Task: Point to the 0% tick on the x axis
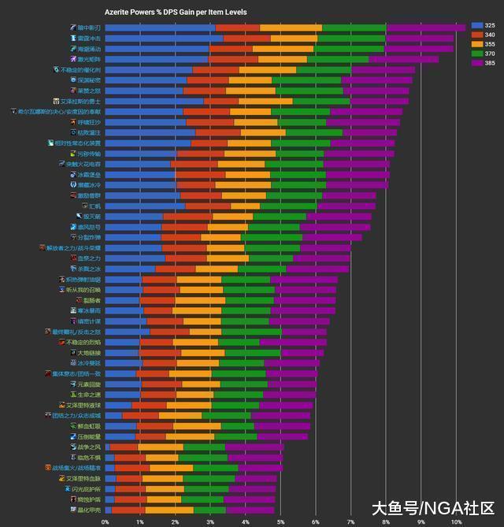pyautogui.click(x=106, y=521)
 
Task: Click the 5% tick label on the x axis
pyautogui.click(x=281, y=521)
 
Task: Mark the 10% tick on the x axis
pyautogui.click(x=456, y=521)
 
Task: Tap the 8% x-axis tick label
pyautogui.click(x=387, y=521)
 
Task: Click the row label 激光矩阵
pyautogui.click(x=88, y=59)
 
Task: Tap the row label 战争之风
pyautogui.click(x=88, y=447)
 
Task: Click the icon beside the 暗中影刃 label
pyautogui.click(x=72, y=28)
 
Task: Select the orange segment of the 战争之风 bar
pyautogui.click(x=161, y=447)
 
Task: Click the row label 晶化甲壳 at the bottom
pyautogui.click(x=88, y=510)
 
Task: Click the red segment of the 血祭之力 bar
pyautogui.click(x=186, y=258)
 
